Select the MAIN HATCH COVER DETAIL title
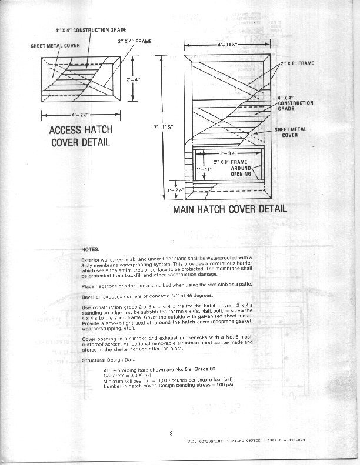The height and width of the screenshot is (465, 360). (230, 208)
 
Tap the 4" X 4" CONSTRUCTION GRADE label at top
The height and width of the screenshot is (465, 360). (91, 29)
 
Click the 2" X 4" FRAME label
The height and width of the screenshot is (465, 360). (135, 41)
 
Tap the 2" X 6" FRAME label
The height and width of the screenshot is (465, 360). (296, 62)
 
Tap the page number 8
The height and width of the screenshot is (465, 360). (171, 434)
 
